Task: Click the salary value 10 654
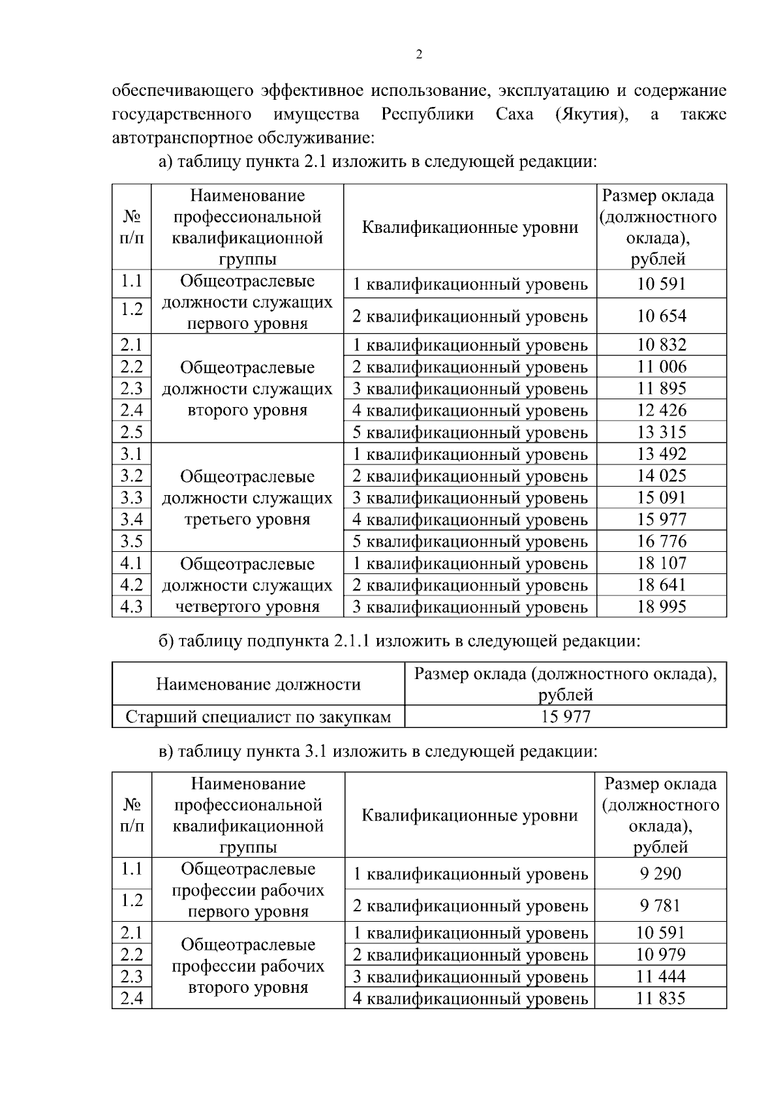(x=662, y=316)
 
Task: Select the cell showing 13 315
(x=662, y=432)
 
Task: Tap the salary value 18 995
(x=662, y=607)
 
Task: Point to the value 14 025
(x=662, y=476)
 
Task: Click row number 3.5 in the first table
(x=131, y=541)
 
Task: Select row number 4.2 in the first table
(x=131, y=585)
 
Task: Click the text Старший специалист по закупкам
(x=258, y=717)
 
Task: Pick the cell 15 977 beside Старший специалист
(x=565, y=717)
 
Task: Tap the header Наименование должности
(x=258, y=684)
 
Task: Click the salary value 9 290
(x=660, y=873)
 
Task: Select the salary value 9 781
(x=660, y=905)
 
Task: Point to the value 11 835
(x=660, y=998)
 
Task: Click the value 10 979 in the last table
(x=660, y=954)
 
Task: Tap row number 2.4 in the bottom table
(x=131, y=998)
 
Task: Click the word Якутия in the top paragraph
(x=591, y=115)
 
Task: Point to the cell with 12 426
(x=662, y=410)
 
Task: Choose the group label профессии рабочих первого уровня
(x=248, y=890)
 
